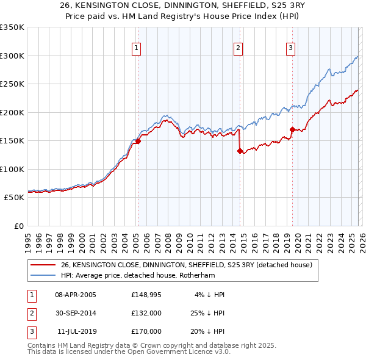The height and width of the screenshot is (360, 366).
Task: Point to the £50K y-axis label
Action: pos(13,198)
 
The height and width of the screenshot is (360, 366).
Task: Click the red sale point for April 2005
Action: pos(138,141)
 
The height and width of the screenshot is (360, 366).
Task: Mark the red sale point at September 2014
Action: pos(240,151)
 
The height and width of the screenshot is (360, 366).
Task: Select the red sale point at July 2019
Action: pos(292,129)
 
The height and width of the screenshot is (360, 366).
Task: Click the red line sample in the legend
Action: pos(43,265)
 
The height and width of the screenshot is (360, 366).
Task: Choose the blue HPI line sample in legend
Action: pos(43,275)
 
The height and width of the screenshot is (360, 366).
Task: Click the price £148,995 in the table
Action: pos(146,295)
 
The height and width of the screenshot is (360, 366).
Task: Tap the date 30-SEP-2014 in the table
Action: pos(76,313)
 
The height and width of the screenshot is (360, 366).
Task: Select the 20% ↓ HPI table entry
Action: pos(206,331)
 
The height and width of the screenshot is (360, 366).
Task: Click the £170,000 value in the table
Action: pos(146,331)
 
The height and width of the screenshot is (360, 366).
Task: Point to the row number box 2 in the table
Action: pos(31,313)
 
